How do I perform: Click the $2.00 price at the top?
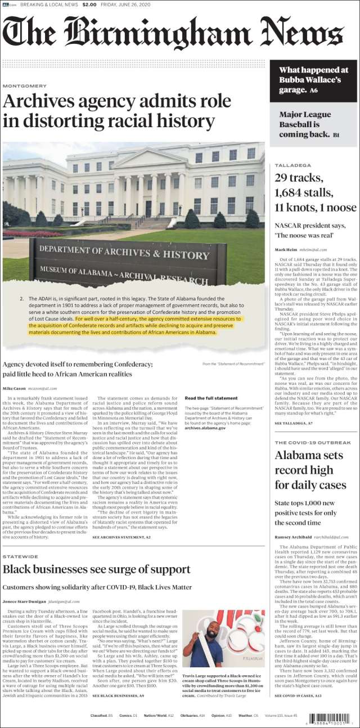pos(89,5)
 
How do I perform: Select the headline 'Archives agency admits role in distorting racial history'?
pos(117,111)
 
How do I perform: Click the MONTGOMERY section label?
pos(24,86)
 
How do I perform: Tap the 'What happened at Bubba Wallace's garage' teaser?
pos(313,80)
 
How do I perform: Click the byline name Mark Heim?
pos(285,249)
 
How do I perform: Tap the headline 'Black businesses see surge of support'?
pos(96,568)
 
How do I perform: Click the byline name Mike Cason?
pos(14,388)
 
